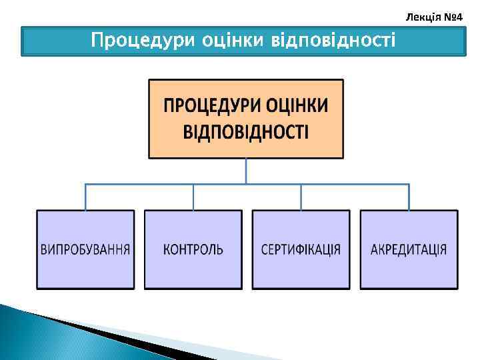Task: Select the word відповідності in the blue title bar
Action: tap(333, 41)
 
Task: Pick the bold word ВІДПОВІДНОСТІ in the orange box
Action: tap(246, 131)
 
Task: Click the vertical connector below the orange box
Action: tap(246, 171)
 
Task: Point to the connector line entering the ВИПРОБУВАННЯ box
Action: tap(85, 197)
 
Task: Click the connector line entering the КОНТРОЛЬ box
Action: tap(193, 197)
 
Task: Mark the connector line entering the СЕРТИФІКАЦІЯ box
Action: tap(301, 197)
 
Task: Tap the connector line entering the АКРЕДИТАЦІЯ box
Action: tap(409, 197)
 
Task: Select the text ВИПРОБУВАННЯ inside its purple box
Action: tap(85, 250)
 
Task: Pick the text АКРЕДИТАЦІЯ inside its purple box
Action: tap(409, 250)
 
